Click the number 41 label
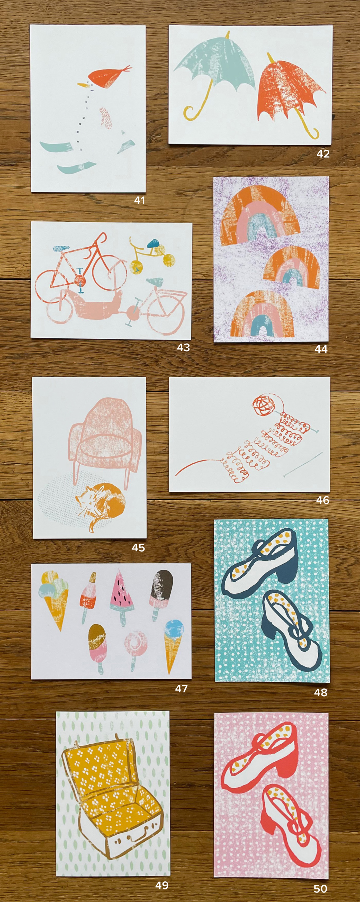[139, 200]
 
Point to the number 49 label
[162, 885]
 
